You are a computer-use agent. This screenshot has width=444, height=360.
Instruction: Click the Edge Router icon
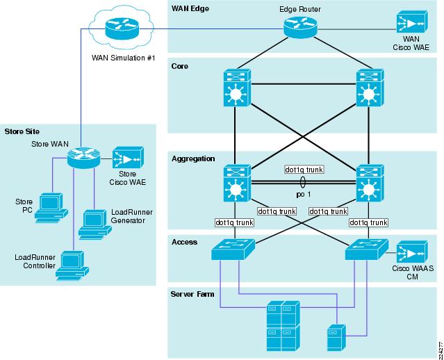[x=300, y=27]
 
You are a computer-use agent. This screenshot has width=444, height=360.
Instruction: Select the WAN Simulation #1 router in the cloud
[x=122, y=28]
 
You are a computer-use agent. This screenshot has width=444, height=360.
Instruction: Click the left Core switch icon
[x=237, y=88]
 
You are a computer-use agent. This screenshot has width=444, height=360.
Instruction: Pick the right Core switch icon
[x=370, y=88]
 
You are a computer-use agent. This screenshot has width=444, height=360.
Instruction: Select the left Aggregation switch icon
[x=237, y=183]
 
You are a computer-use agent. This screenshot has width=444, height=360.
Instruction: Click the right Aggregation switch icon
[x=370, y=183]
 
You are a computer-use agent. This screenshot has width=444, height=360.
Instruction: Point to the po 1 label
[x=303, y=195]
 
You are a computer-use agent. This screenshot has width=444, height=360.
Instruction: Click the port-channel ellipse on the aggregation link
[x=303, y=182]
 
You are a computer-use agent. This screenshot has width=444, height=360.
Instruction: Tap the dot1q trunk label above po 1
[x=304, y=170]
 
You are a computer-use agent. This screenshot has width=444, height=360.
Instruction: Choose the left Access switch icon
[x=233, y=249]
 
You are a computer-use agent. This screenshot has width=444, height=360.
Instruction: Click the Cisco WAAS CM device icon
[x=412, y=252]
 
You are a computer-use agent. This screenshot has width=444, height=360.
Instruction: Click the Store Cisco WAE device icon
[x=128, y=158]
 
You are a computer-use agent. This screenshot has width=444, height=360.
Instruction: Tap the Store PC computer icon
[x=51, y=208]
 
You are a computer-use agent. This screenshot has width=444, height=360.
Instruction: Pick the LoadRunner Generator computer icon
[x=95, y=224]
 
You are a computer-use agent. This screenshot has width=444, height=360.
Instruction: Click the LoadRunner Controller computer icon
[x=72, y=265]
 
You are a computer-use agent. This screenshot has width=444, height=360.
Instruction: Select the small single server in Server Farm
[x=336, y=338]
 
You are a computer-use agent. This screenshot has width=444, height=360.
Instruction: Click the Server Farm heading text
[x=192, y=294]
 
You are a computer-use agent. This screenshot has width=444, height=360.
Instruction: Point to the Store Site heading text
[x=22, y=131]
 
